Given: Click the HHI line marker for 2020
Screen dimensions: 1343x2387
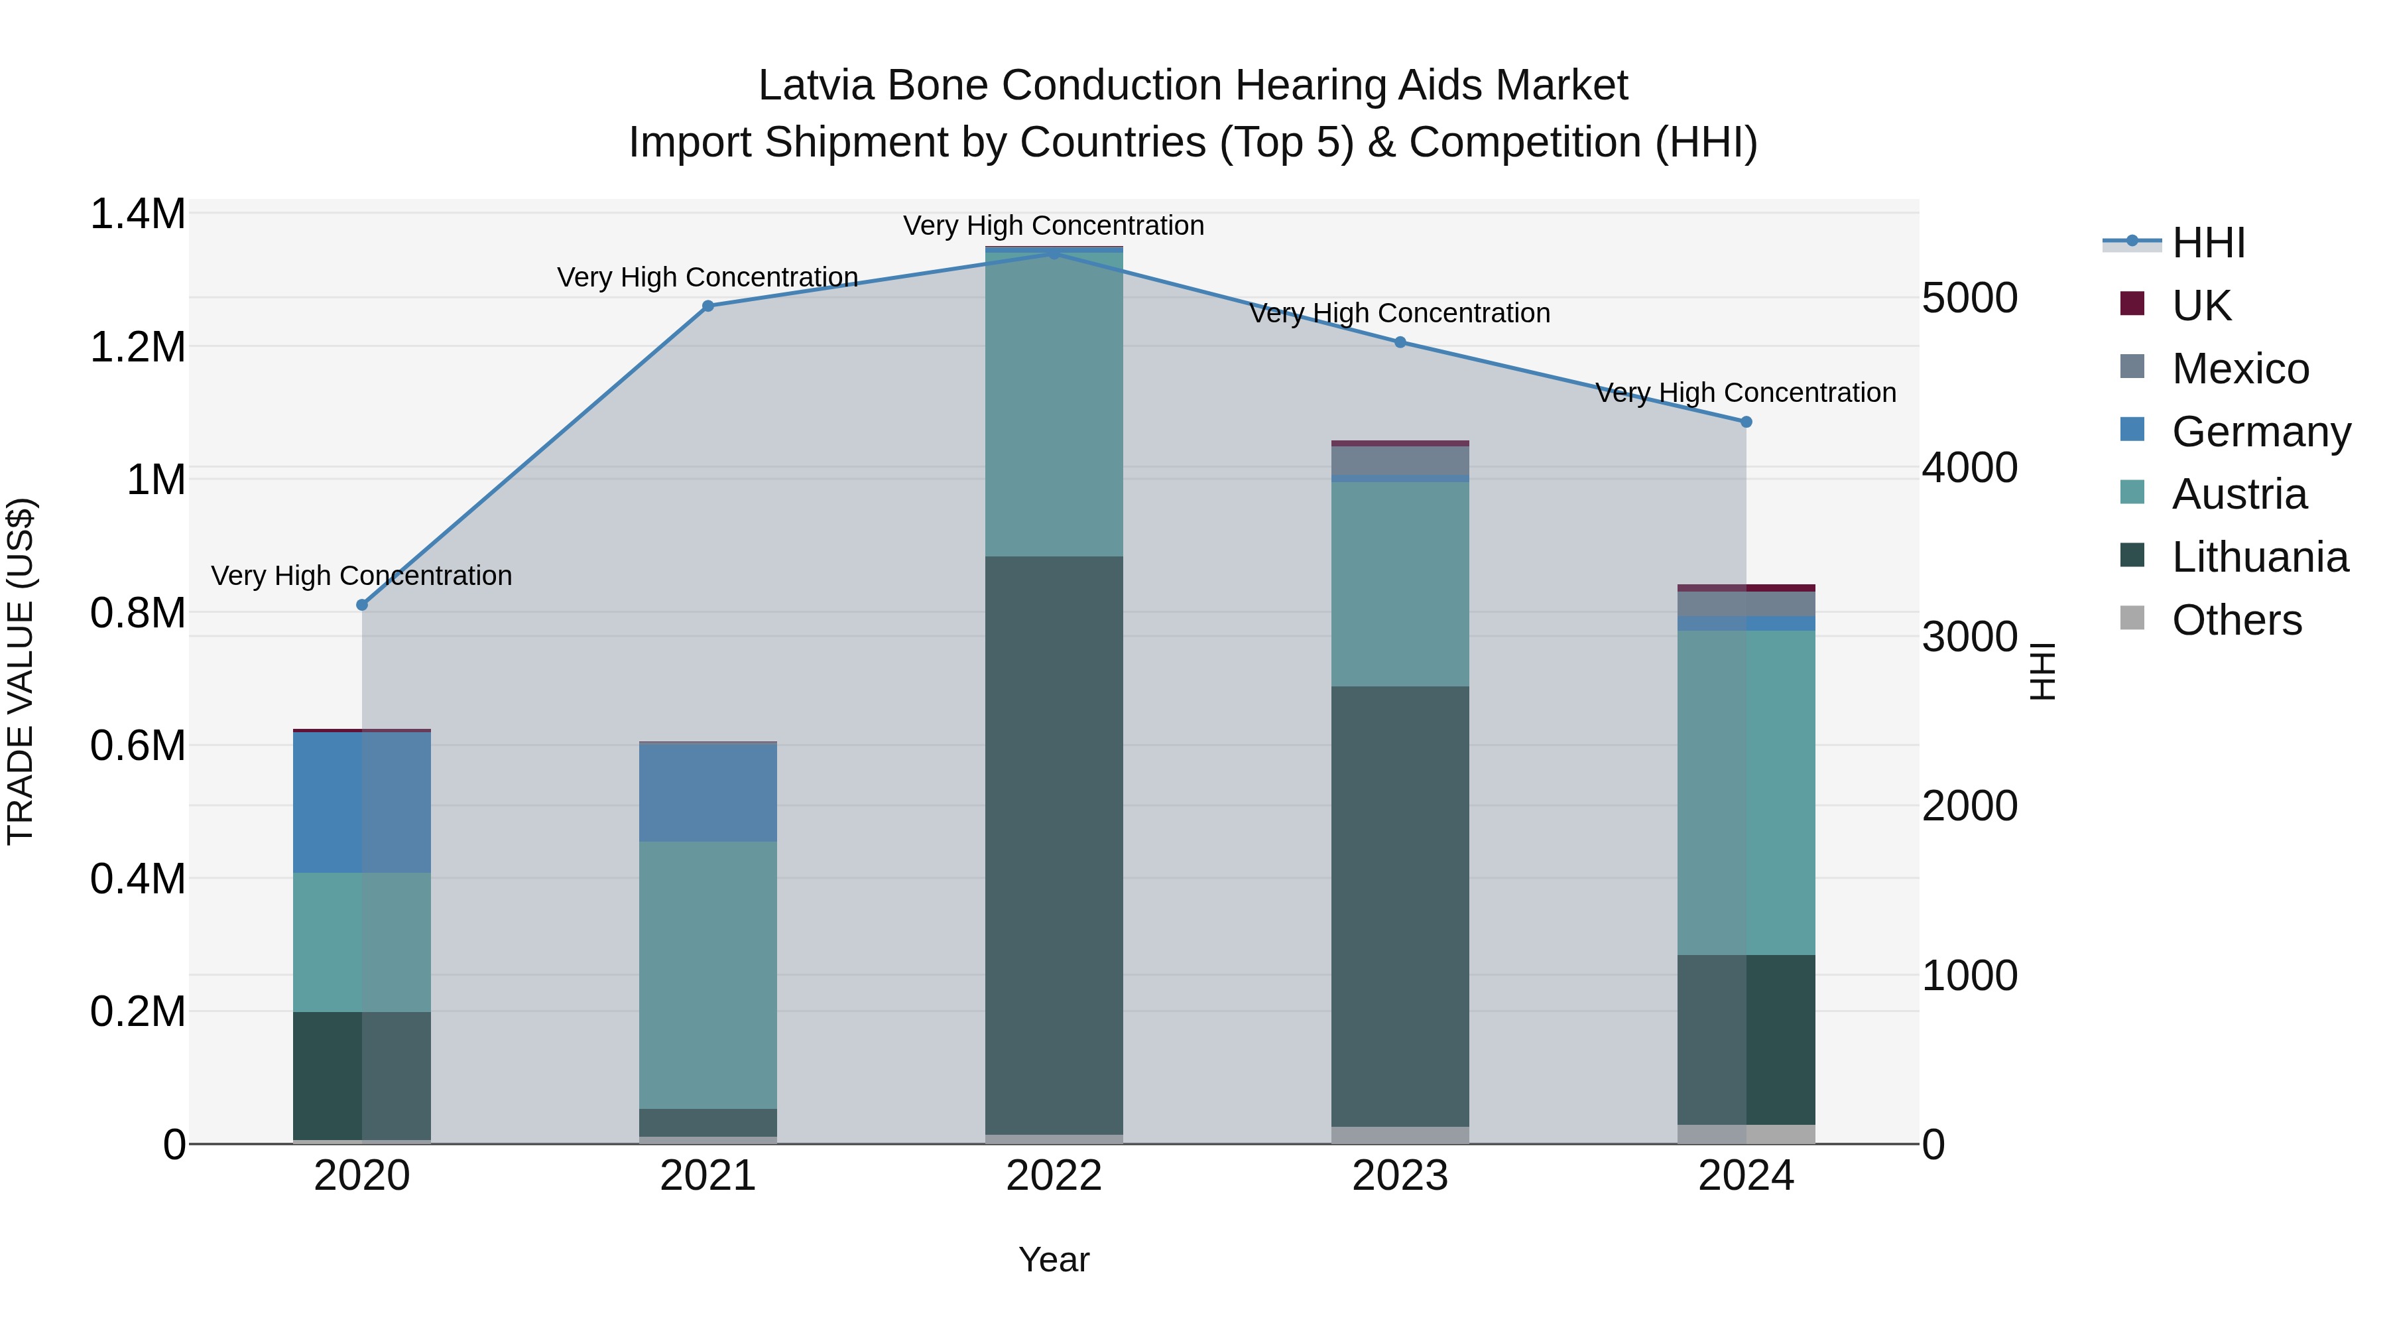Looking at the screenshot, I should [362, 606].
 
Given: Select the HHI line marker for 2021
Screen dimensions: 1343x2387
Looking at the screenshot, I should [708, 306].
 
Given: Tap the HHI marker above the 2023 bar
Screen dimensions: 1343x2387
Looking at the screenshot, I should [1400, 342].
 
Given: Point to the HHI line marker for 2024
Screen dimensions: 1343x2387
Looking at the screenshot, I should [1746, 422].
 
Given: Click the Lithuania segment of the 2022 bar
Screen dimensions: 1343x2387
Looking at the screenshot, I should [1054, 844].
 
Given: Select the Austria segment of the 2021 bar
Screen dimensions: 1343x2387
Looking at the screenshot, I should [708, 973].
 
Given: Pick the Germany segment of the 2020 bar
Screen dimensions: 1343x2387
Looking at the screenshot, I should [362, 802].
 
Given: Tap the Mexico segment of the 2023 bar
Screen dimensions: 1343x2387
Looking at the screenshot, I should [1400, 461].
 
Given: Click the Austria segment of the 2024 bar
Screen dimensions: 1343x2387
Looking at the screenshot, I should [1746, 793].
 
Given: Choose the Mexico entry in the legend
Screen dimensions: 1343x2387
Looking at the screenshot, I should [2240, 369].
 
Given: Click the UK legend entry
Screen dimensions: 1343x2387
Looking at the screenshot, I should [2201, 306].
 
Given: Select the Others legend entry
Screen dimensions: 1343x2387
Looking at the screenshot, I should [2236, 620].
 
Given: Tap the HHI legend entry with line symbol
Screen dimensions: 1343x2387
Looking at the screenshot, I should [2208, 243].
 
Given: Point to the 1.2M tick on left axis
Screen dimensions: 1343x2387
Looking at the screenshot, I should [138, 348].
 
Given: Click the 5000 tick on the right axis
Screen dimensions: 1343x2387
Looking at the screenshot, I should [1970, 298].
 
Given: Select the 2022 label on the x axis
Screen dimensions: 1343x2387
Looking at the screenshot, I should [1054, 1175].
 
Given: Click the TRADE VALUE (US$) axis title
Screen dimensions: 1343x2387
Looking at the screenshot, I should [21, 671].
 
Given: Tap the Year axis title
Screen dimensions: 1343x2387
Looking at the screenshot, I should [1054, 1259].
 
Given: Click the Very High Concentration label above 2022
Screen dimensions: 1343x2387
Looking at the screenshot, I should [1054, 225].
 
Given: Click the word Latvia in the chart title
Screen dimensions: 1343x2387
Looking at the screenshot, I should [816, 86].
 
